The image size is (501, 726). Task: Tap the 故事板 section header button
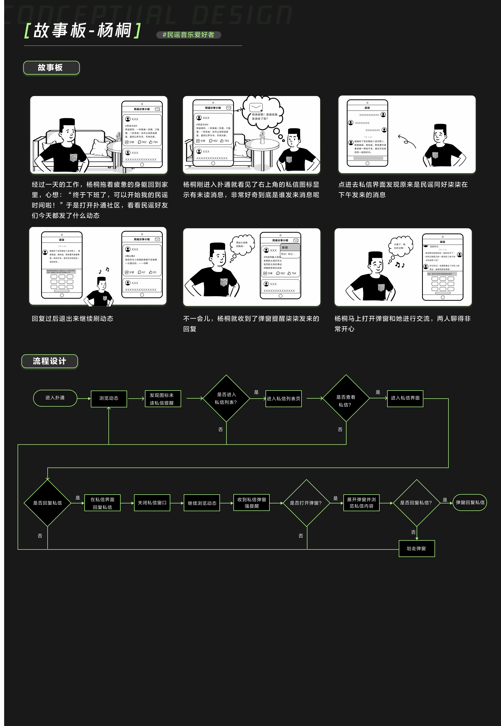coord(51,68)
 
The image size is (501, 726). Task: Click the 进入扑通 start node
coord(55,398)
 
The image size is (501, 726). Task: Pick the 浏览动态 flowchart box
coord(109,398)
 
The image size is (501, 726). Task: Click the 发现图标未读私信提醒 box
coord(163,399)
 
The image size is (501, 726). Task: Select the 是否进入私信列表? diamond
coord(226,398)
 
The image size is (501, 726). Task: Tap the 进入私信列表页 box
coord(283,399)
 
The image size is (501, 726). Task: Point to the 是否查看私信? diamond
coord(346,399)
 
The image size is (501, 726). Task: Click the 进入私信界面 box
coord(405,398)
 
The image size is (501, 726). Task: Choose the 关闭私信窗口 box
coord(152,503)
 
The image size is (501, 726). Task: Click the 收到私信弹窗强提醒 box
coord(252,503)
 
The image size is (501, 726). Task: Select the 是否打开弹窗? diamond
coord(306,503)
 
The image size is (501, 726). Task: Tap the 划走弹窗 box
coord(417,548)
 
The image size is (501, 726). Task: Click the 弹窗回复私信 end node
coord(470,503)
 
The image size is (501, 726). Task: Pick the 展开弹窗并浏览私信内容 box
coord(361,503)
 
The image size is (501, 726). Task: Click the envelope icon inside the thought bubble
coord(256,107)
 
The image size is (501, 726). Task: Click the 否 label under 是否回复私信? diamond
coord(413,532)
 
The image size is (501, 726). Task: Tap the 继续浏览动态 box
coord(202,503)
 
